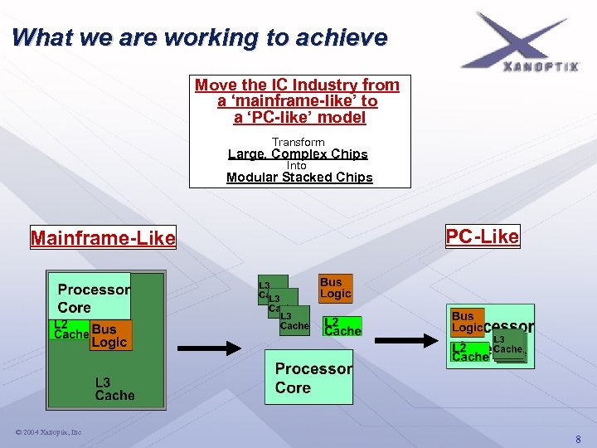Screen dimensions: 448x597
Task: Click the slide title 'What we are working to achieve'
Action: click(x=200, y=38)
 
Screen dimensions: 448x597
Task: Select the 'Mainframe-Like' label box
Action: click(x=103, y=239)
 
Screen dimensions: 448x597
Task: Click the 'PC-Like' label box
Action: click(x=482, y=236)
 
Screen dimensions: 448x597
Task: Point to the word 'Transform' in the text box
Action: click(x=298, y=143)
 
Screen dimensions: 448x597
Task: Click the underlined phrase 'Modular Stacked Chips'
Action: click(x=299, y=177)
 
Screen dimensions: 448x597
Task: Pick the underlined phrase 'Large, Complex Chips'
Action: click(x=298, y=154)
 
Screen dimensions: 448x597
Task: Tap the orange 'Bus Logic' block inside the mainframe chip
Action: click(x=110, y=336)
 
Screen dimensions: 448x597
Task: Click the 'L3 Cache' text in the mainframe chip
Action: click(x=114, y=388)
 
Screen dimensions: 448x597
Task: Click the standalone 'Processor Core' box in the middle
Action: click(x=308, y=377)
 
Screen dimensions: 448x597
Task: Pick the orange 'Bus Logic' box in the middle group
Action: click(x=336, y=288)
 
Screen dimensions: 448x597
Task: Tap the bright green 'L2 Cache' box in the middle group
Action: click(x=342, y=326)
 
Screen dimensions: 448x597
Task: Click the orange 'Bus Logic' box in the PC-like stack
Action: click(x=465, y=321)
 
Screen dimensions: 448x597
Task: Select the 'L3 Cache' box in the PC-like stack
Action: click(x=507, y=344)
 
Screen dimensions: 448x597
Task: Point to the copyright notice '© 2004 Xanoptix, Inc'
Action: click(x=47, y=432)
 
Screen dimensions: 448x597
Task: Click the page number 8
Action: click(x=578, y=439)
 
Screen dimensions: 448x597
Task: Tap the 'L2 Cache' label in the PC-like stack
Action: click(x=469, y=352)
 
